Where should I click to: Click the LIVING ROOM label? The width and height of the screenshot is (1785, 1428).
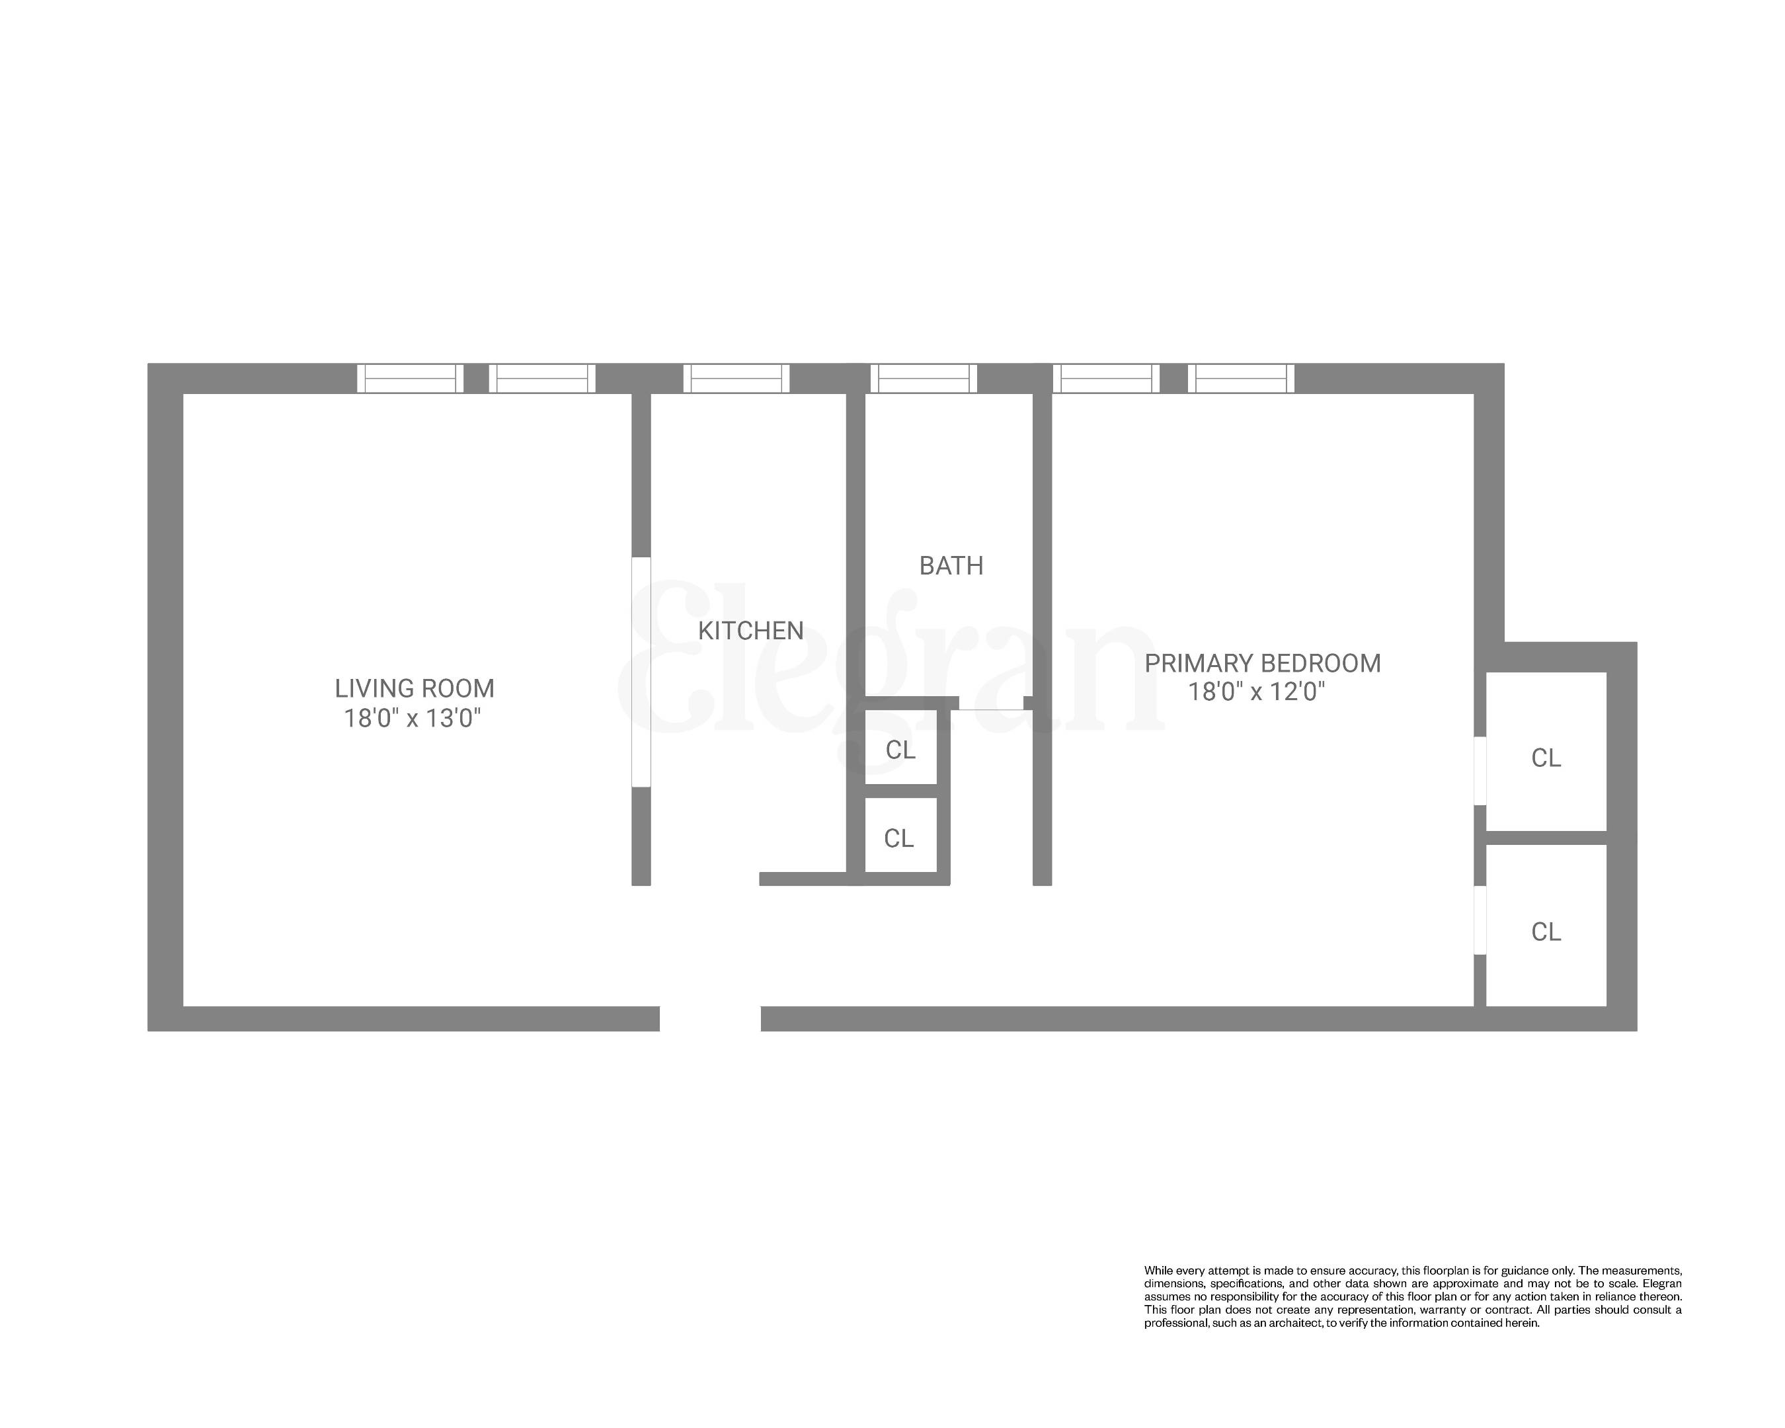point(414,689)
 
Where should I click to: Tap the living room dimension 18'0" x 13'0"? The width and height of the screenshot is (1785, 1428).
point(413,718)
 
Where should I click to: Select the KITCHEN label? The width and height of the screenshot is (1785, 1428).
point(750,631)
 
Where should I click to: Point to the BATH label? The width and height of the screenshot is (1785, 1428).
point(951,566)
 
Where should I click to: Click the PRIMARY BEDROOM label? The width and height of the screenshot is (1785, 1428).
point(1262,663)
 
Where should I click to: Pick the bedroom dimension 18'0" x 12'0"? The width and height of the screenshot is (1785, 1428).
point(1256,692)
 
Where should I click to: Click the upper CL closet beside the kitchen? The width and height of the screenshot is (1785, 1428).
point(900,750)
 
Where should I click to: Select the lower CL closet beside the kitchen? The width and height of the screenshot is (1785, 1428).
point(899,838)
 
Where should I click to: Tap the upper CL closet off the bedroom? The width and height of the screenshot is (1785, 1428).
point(1545,758)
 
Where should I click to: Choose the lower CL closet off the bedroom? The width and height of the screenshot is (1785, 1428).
point(1545,932)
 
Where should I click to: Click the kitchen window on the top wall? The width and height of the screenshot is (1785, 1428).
point(736,378)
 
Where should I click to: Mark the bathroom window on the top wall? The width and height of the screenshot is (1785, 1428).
point(923,378)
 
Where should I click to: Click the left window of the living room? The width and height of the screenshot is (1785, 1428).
point(410,378)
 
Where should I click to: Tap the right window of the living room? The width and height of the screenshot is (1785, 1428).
point(541,378)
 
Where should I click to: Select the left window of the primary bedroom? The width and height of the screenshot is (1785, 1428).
point(1105,378)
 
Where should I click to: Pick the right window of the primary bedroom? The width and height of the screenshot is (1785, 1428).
point(1240,378)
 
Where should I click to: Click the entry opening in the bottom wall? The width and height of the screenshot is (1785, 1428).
point(709,1018)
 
